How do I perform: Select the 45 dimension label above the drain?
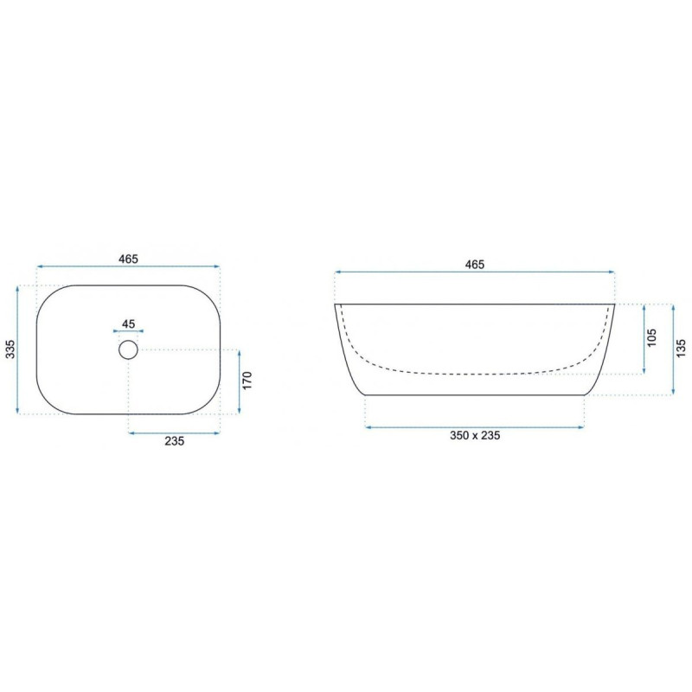(128, 324)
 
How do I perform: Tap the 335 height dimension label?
(10, 349)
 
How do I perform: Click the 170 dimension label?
(247, 381)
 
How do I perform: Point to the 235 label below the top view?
(175, 441)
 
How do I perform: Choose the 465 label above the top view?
(128, 259)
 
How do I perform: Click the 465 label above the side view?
(474, 265)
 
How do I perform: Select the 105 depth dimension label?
(651, 337)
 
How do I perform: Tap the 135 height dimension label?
(681, 348)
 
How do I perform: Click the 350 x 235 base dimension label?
(475, 436)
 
